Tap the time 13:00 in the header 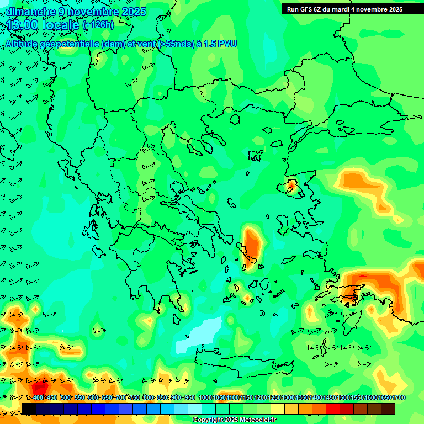click(x=23, y=25)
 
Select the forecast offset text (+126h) click(x=98, y=25)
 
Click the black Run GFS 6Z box click(x=345, y=9)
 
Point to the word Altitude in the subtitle click(x=24, y=44)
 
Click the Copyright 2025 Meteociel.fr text click(x=234, y=420)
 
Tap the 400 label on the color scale click(x=38, y=398)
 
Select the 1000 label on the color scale click(x=205, y=398)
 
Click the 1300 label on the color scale click(x=288, y=398)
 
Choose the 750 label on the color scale click(x=134, y=398)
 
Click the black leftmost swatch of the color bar click(x=29, y=409)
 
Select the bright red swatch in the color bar click(x=332, y=409)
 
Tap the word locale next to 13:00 click(x=61, y=25)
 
